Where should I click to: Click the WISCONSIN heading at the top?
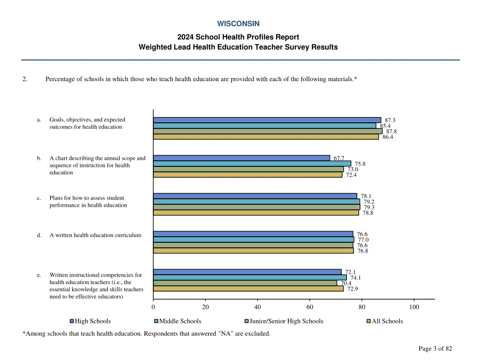pos(238,23)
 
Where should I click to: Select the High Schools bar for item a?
pos(267,120)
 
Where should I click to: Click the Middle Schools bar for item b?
pos(252,164)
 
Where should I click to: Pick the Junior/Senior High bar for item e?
pos(245,283)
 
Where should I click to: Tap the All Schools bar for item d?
pos(253,251)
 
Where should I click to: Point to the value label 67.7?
pos(339,158)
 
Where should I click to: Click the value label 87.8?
pos(391,131)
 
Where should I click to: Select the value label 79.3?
pos(369,207)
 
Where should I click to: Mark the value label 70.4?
pos(346,283)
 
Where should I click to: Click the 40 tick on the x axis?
pos(257,307)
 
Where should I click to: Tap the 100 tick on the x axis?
pos(414,307)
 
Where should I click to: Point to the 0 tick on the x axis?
pos(153,307)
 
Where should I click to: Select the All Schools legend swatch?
pos(368,321)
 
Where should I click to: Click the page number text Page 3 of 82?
pos(435,348)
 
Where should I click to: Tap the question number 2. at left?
pos(25,79)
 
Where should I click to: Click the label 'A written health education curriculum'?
pos(95,235)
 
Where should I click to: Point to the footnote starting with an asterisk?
pos(146,334)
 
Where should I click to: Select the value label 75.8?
pos(360,164)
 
